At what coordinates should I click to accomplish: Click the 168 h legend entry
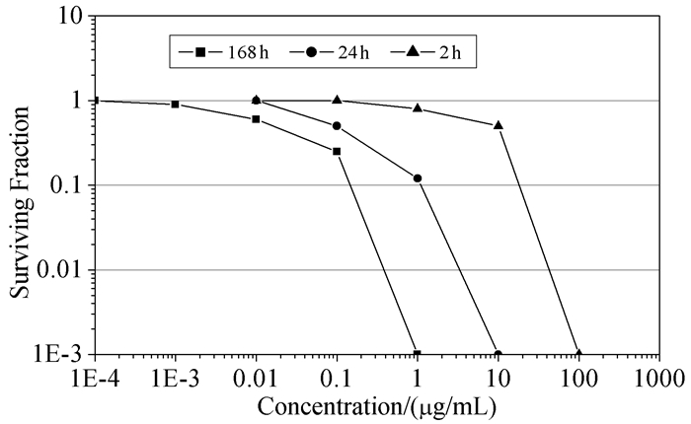(221, 50)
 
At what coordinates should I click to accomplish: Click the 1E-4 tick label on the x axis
(95, 376)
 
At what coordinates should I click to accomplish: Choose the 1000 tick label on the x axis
(659, 376)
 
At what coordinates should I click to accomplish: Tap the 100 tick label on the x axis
(578, 376)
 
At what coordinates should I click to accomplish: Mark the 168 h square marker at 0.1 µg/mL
(337, 151)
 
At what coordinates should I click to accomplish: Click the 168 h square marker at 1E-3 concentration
(175, 104)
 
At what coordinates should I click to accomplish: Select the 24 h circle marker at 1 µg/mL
(418, 178)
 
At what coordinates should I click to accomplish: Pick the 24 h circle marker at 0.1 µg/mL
(337, 126)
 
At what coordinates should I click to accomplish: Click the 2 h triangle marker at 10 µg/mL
(499, 125)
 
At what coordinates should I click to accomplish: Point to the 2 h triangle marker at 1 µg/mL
(418, 107)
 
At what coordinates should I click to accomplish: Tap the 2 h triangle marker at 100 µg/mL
(579, 354)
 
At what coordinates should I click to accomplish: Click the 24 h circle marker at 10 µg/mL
(499, 354)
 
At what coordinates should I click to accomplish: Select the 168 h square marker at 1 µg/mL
(418, 354)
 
